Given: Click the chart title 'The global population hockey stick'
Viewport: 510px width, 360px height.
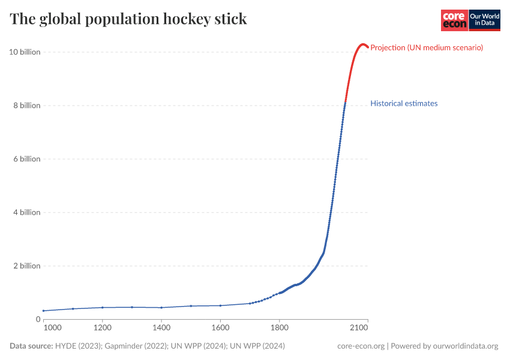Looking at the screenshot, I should pyautogui.click(x=128, y=19).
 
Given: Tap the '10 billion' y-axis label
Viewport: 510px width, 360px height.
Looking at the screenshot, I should pyautogui.click(x=25, y=52).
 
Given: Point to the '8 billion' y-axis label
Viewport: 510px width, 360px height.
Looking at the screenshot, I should pyautogui.click(x=26, y=106).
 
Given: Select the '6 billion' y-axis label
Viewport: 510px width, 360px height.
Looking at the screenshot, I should pyautogui.click(x=26, y=159).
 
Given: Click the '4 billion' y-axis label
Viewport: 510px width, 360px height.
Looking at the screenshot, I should pyautogui.click(x=26, y=212).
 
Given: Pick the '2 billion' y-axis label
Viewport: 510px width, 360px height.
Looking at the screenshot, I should pyautogui.click(x=26, y=266).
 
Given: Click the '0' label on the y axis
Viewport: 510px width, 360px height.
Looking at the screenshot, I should pyautogui.click(x=38, y=319).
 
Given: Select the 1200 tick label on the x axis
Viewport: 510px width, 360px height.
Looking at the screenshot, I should pyautogui.click(x=103, y=328).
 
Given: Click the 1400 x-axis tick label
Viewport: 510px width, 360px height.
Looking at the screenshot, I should pyautogui.click(x=161, y=328).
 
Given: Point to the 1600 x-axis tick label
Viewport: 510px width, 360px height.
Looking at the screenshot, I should pyautogui.click(x=220, y=328).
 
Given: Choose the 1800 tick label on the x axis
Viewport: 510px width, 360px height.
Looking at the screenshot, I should pyautogui.click(x=280, y=328).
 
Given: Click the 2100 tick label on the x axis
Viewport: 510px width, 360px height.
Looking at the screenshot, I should pyautogui.click(x=359, y=328).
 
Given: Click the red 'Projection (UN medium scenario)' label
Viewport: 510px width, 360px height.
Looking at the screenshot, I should pyautogui.click(x=427, y=47).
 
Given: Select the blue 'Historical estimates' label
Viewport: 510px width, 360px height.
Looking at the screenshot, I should pyautogui.click(x=404, y=103).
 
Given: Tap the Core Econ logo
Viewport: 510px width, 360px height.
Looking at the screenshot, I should pyautogui.click(x=454, y=20).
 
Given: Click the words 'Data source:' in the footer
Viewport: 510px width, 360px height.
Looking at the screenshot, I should pyautogui.click(x=31, y=346).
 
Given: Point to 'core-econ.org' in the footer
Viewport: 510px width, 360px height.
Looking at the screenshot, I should pyautogui.click(x=361, y=346).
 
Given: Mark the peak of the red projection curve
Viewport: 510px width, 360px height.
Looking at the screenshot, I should pyautogui.click(x=362, y=44).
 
